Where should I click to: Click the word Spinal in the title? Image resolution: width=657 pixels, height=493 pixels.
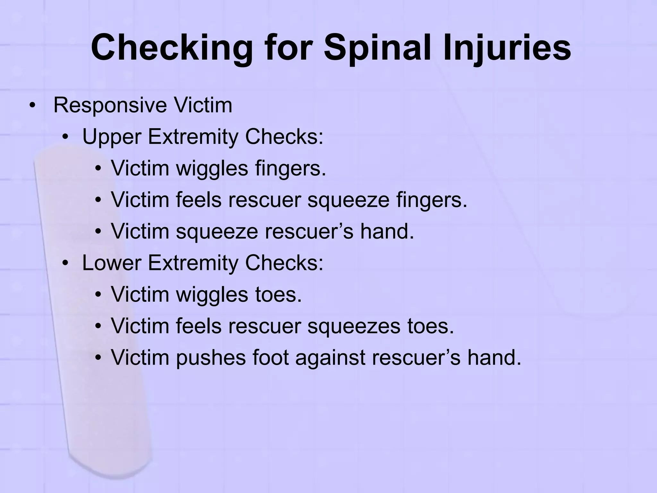coord(379,48)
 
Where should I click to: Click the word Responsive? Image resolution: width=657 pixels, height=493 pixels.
coord(110,105)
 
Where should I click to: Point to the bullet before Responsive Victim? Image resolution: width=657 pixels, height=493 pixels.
coord(32,106)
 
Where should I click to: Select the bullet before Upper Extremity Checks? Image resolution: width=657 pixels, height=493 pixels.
coord(65,137)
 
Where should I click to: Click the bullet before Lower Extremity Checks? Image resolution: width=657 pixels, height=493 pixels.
coord(65,264)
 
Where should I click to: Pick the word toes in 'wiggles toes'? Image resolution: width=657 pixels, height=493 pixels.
coord(278,294)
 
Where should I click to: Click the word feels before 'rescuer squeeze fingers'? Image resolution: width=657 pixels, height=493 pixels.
coord(199,200)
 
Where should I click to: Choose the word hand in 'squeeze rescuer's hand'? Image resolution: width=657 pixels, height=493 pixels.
coord(387,231)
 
